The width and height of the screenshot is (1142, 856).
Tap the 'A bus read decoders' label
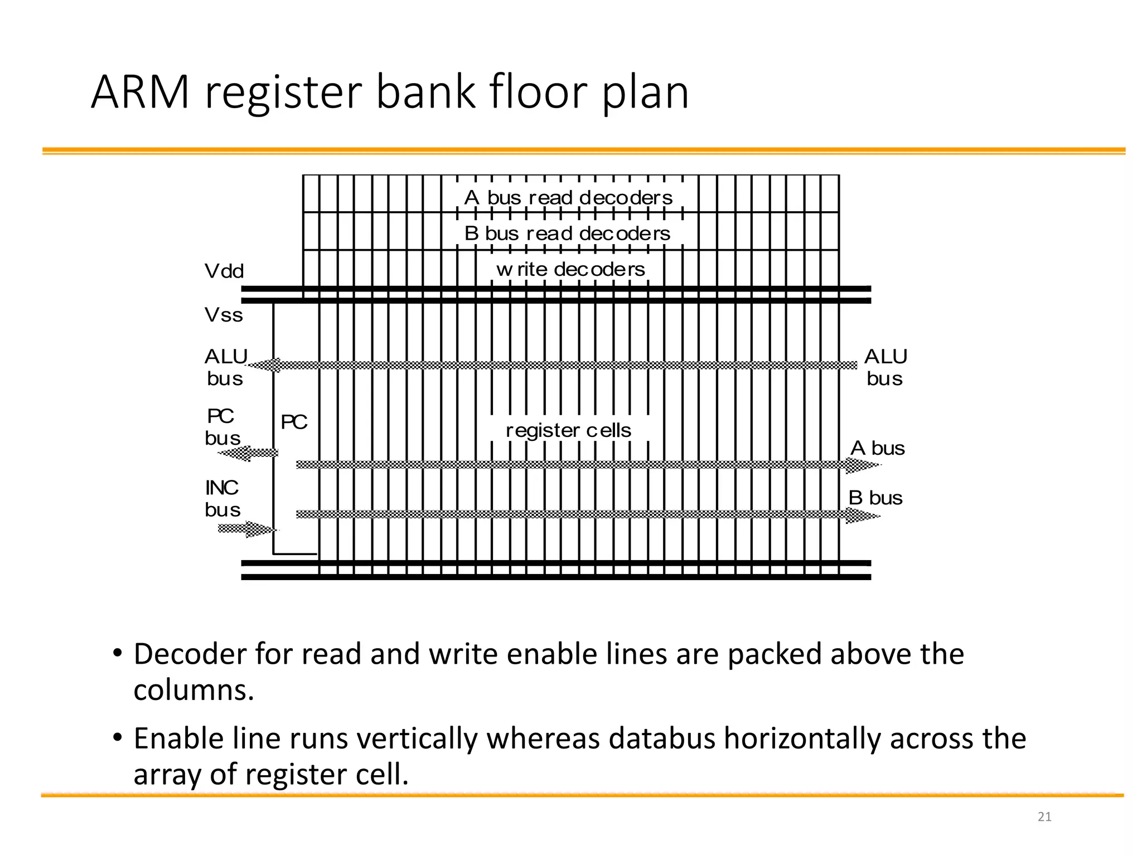(x=568, y=198)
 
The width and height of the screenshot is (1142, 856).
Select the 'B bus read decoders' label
(x=567, y=234)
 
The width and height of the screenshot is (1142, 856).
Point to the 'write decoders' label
(x=570, y=270)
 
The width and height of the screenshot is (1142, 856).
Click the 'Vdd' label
(x=224, y=271)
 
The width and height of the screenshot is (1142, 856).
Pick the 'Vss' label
(x=224, y=315)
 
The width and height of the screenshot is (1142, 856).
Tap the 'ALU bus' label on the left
(x=225, y=367)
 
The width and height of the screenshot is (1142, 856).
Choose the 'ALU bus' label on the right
(x=885, y=367)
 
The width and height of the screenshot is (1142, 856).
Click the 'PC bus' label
(x=222, y=427)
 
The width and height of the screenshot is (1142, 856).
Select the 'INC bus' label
(x=222, y=499)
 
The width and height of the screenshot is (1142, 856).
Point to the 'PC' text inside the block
(x=294, y=422)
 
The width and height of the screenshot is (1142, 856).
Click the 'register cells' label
(x=568, y=430)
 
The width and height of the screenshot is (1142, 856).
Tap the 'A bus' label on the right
(x=877, y=449)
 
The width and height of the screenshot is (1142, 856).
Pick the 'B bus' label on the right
(x=875, y=498)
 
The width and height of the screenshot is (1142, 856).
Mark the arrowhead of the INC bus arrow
(x=262, y=529)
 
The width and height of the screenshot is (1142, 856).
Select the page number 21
(x=1044, y=817)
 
